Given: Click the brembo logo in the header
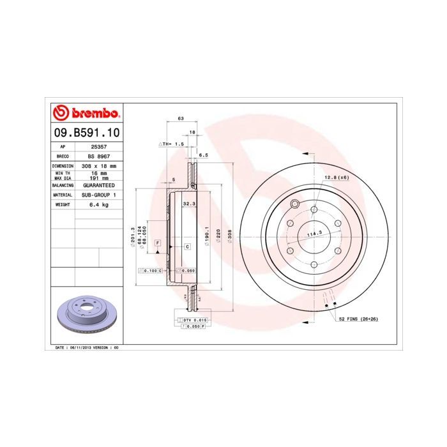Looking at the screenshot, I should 86,114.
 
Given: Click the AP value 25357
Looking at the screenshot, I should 99,146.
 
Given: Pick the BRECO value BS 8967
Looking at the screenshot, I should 99,156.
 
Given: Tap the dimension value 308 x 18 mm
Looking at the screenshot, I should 99,165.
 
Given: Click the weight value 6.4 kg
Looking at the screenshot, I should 99,204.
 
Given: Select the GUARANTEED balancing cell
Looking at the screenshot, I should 99,185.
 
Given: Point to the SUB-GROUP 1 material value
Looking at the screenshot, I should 99,195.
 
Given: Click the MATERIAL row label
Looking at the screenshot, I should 63,195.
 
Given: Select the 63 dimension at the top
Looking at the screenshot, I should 181,119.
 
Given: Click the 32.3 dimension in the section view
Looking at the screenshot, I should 188,204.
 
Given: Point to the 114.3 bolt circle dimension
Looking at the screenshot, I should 313,234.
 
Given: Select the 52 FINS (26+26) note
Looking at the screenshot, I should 360,318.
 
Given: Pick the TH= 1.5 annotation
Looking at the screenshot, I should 172,145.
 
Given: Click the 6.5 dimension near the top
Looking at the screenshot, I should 204,155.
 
